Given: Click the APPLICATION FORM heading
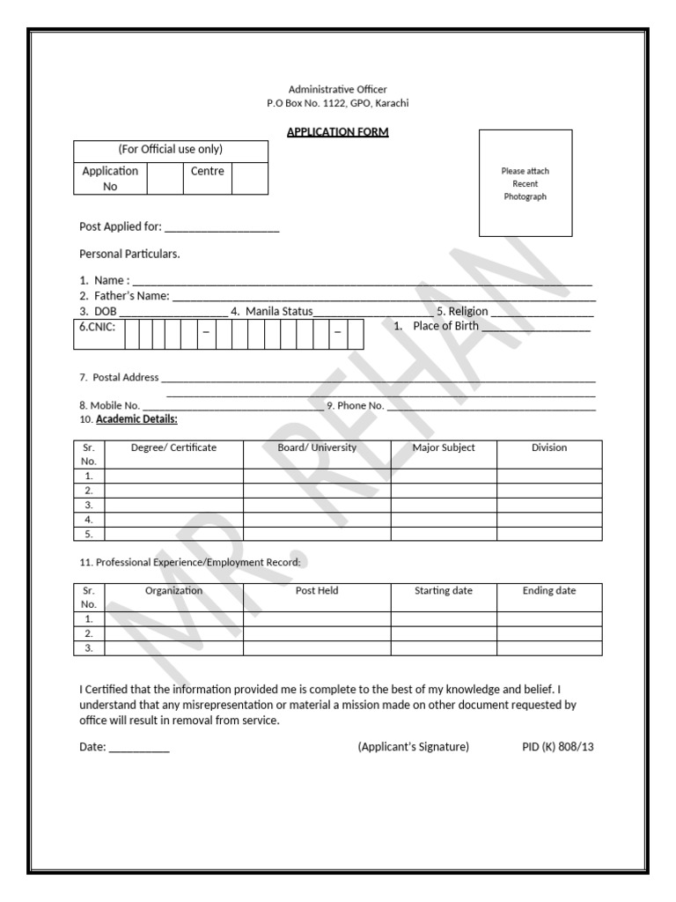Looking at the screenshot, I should click(x=337, y=132).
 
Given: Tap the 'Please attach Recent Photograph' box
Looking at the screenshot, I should click(x=525, y=183).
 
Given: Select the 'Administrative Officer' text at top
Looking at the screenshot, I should click(x=337, y=89).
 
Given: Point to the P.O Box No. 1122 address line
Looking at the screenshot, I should click(x=337, y=103).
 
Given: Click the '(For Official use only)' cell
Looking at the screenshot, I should click(x=170, y=150).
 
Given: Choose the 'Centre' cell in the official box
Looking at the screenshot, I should click(x=207, y=171).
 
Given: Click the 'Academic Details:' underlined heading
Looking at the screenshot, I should click(x=136, y=419).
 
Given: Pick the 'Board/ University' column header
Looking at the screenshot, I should click(x=317, y=447).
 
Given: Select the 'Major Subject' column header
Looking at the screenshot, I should click(x=444, y=447).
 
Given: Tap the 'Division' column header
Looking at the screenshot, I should click(x=549, y=447).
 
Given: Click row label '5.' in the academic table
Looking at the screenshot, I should click(x=89, y=534).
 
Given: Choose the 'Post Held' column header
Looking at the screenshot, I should click(x=317, y=590).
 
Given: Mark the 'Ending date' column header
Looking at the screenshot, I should click(x=549, y=590).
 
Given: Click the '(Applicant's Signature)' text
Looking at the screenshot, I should click(x=413, y=747).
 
